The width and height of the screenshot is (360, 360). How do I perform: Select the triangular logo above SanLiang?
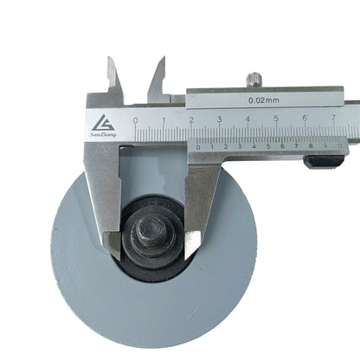[x=104, y=122]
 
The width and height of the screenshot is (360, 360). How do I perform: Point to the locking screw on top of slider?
[x=254, y=80]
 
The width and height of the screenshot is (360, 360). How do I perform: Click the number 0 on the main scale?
[x=135, y=119]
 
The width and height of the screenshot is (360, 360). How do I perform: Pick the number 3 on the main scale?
[x=220, y=119]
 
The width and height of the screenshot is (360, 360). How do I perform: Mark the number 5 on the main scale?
[x=276, y=119]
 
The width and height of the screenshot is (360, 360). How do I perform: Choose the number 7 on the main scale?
[x=332, y=119]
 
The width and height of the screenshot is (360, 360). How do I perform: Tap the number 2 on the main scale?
[x=191, y=119]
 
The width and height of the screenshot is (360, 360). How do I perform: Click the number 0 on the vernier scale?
[x=198, y=147]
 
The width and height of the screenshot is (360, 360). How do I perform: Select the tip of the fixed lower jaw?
[x=112, y=245]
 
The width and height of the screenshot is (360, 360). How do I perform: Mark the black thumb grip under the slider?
[x=325, y=161]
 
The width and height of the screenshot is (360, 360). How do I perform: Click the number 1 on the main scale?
[x=164, y=119]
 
